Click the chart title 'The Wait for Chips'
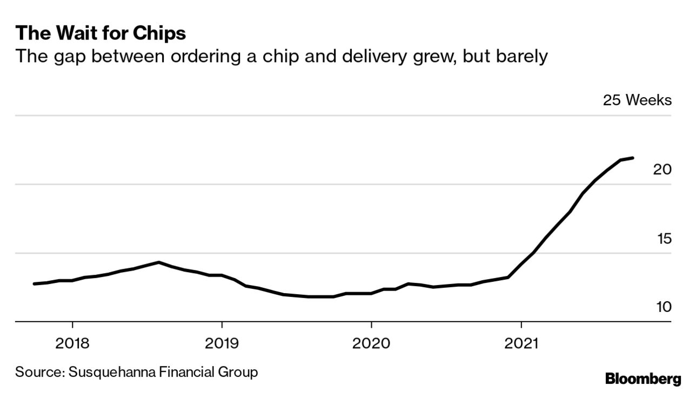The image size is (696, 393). tap(101, 33)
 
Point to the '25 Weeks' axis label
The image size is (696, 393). tap(637, 100)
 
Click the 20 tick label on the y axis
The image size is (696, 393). tap(662, 170)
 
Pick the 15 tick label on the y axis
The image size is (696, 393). tap(663, 239)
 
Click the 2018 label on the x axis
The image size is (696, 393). tap(72, 343)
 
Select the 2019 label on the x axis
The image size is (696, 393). tap(222, 343)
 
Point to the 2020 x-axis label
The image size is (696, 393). tap(371, 343)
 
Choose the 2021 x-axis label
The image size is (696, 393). tap(521, 343)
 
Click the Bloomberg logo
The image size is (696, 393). tap(643, 378)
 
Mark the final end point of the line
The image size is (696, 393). tap(633, 158)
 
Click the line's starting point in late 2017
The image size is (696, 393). tap(35, 283)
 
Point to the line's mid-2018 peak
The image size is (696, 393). tap(158, 262)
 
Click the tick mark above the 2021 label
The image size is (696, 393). tap(521, 326)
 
